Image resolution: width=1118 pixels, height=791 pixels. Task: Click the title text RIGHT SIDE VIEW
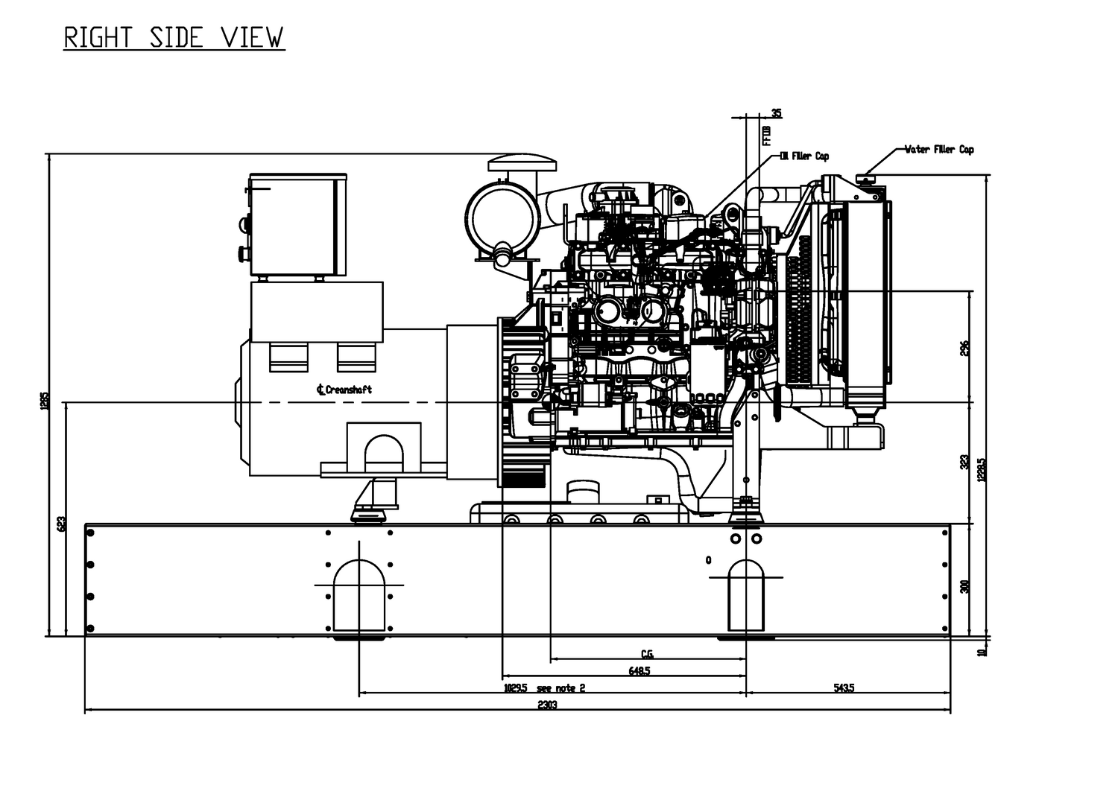tap(174, 37)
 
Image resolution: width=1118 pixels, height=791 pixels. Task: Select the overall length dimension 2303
tap(547, 705)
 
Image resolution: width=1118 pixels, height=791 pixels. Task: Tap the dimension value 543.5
tap(844, 687)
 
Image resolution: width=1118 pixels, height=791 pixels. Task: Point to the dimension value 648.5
tap(639, 670)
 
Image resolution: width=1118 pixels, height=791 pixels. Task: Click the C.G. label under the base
tap(647, 654)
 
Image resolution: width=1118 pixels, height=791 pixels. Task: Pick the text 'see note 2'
tap(560, 687)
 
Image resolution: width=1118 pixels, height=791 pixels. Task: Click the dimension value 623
tap(61, 524)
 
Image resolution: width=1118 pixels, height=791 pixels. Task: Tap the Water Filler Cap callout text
tap(939, 150)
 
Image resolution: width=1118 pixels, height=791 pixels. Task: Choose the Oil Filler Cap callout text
tap(804, 156)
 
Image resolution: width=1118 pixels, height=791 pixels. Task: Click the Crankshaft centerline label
tap(344, 390)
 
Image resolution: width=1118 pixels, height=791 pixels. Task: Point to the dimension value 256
tap(964, 348)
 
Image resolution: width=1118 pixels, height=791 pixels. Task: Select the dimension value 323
tap(964, 462)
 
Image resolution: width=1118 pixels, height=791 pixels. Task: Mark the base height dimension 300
tap(964, 585)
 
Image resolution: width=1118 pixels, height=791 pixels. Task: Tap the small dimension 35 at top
tap(777, 113)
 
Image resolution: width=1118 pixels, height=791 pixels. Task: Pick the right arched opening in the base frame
tap(745, 594)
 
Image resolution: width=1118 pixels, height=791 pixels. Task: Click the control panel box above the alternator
tap(297, 224)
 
